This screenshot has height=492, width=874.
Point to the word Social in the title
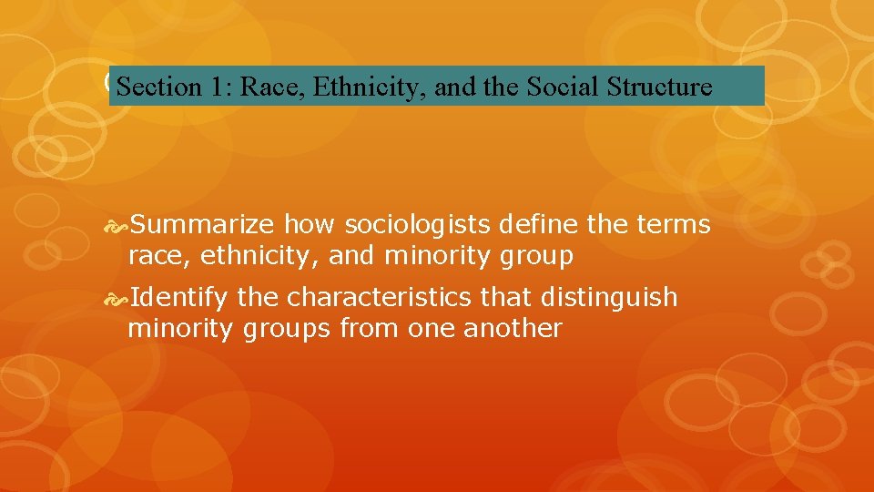[x=556, y=87]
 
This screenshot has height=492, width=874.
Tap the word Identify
[x=178, y=297]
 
